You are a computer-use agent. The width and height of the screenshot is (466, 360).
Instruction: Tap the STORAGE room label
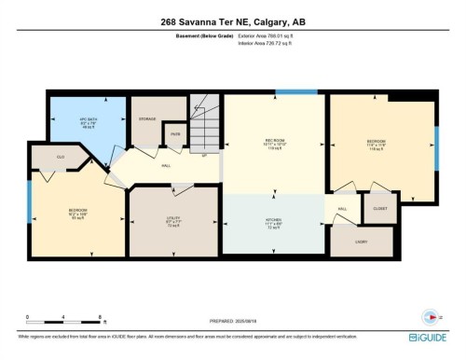coord(147,118)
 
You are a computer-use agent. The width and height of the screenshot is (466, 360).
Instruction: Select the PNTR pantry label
coord(174,136)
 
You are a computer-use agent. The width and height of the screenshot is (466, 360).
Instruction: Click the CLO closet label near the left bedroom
coord(61,158)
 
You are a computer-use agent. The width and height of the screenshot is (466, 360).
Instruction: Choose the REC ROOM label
coord(272,144)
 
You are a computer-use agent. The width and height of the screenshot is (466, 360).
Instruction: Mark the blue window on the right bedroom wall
coord(436,145)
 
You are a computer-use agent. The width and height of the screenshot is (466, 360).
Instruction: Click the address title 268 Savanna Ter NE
coord(233,23)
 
